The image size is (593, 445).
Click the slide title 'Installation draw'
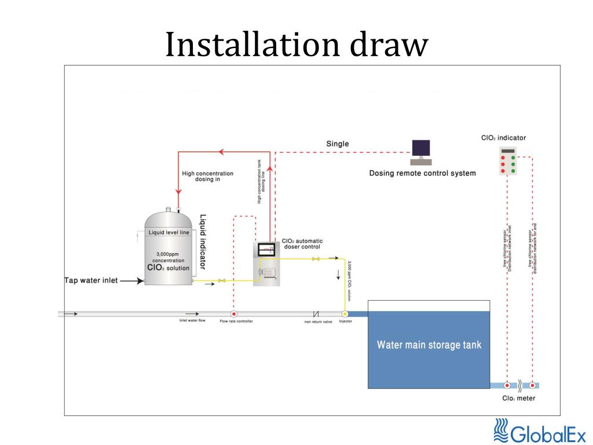[296, 45]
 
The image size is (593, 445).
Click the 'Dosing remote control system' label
[422, 173]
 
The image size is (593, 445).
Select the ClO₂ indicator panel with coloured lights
[508, 162]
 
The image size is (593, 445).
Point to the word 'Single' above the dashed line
[338, 144]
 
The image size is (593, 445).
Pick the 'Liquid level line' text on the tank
[169, 232]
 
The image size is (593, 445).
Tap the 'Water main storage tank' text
[429, 345]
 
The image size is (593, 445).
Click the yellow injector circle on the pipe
[345, 314]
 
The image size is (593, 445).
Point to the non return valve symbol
[316, 314]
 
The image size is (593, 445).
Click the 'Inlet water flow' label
[192, 320]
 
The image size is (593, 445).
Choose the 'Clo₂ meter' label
[518, 398]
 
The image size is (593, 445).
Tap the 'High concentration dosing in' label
[207, 176]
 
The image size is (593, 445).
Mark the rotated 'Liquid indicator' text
[203, 242]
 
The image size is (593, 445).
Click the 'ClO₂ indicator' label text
[503, 138]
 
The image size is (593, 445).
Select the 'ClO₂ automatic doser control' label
[302, 244]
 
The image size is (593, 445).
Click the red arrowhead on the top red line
[220, 152]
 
